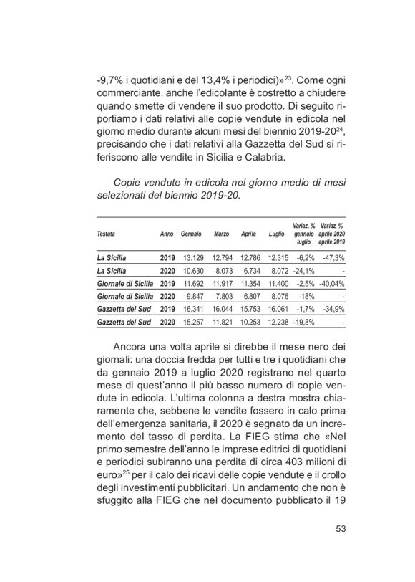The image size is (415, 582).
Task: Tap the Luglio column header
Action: [276, 234]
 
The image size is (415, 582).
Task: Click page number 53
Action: [341, 550]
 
